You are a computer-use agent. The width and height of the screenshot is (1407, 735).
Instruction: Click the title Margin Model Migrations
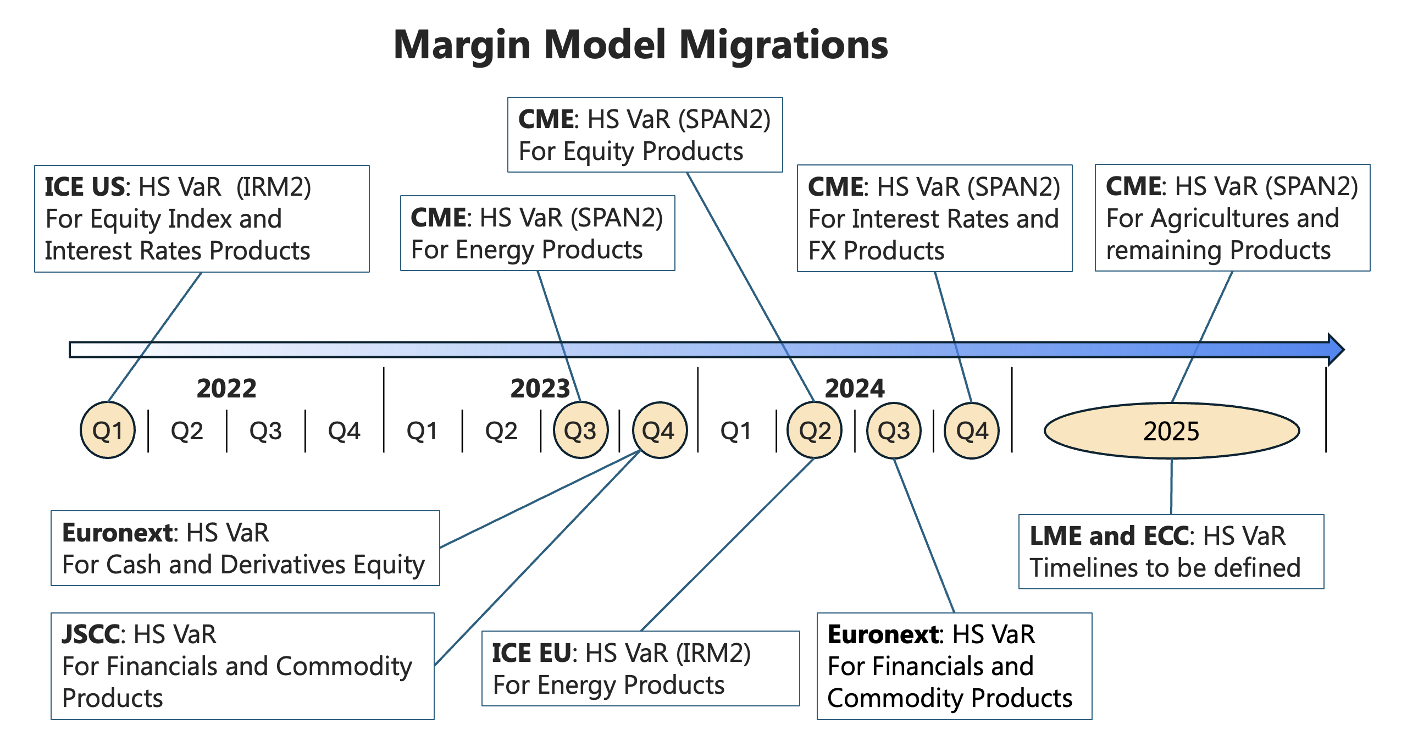tap(640, 45)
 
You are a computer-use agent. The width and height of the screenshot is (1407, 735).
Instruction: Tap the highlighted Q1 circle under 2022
tap(108, 430)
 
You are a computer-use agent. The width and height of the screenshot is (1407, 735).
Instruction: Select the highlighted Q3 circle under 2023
tap(580, 430)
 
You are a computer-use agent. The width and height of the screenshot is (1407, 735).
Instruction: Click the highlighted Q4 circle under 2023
tap(659, 430)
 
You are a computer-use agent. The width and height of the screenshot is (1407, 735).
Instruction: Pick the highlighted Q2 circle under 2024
tap(815, 430)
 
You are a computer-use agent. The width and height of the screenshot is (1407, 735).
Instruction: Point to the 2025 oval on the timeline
tap(1171, 430)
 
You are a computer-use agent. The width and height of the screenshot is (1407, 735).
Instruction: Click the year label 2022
tap(226, 389)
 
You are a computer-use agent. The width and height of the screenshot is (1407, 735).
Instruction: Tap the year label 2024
tap(855, 389)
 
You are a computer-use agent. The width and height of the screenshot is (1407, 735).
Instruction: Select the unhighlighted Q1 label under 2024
tap(736, 430)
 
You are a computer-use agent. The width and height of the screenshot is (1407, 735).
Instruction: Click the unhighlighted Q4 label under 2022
tap(344, 430)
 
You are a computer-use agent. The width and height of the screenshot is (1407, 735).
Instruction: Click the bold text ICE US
tap(85, 187)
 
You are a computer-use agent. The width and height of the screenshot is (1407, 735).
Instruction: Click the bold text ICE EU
tap(531, 653)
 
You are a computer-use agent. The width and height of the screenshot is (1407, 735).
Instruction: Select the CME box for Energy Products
tap(537, 233)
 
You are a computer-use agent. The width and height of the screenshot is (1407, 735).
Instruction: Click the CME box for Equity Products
tap(644, 135)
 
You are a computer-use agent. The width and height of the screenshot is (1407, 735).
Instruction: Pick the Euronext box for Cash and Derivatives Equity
tap(245, 548)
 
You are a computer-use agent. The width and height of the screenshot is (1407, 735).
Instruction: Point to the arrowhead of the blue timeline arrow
tap(1337, 349)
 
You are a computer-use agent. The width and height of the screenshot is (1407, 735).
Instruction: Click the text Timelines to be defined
tap(1165, 568)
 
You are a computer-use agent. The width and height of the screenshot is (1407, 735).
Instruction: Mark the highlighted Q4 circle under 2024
tap(971, 430)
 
